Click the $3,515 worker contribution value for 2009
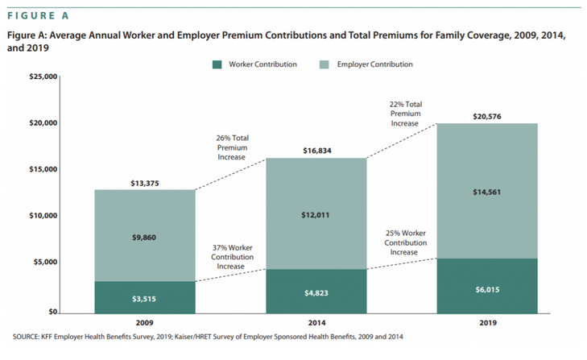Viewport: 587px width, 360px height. pyautogui.click(x=144, y=299)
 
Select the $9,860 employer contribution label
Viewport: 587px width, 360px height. pyautogui.click(x=144, y=238)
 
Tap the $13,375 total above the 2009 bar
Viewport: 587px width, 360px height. pyautogui.click(x=144, y=183)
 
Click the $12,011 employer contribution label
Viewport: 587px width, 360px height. pyautogui.click(x=316, y=215)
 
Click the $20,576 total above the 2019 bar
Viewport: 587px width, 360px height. pyautogui.click(x=487, y=117)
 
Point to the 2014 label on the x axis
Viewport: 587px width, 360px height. pyautogui.click(x=316, y=323)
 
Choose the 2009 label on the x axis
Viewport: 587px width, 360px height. pyautogui.click(x=144, y=323)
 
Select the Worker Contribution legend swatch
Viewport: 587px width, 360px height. pyautogui.click(x=217, y=64)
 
